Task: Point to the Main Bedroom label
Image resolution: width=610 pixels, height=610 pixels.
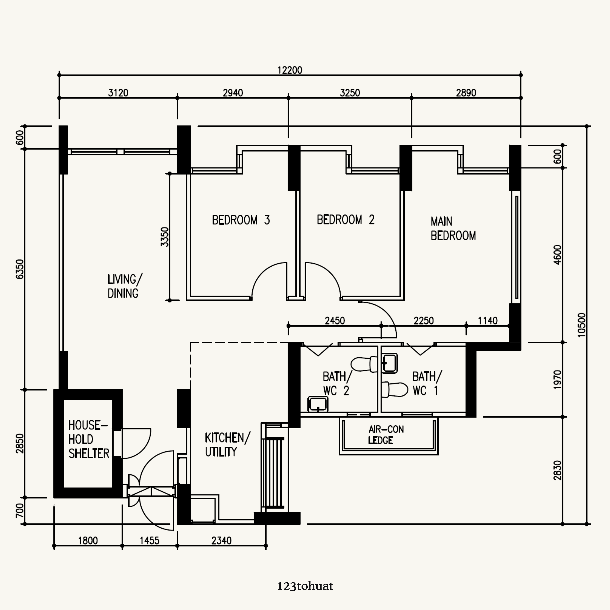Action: coord(453,229)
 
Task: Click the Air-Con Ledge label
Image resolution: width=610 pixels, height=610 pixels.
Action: coord(386,435)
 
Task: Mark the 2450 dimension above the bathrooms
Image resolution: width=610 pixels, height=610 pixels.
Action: coord(335,321)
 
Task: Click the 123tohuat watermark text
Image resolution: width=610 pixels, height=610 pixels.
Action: coord(305,586)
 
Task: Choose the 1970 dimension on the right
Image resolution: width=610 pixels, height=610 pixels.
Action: coord(558,380)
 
